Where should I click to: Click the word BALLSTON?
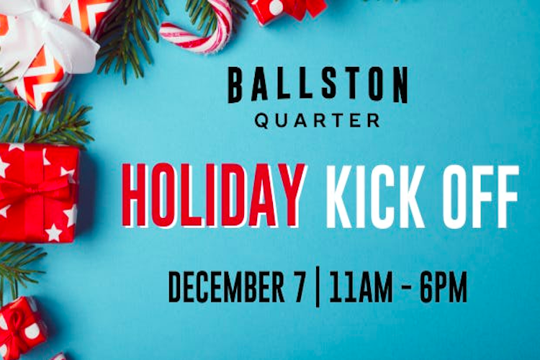click(x=318, y=85)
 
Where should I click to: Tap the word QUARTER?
click(x=318, y=120)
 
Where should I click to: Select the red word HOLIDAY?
click(x=213, y=195)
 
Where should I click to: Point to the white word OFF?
click(x=480, y=197)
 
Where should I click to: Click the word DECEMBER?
click(x=226, y=287)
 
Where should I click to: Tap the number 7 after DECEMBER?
click(x=299, y=287)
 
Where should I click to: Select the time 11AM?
click(x=361, y=287)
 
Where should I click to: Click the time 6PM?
click(x=443, y=287)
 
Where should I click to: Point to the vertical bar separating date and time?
click(x=318, y=289)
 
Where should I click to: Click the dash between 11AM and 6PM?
click(x=405, y=288)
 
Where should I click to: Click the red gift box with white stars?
click(x=39, y=193)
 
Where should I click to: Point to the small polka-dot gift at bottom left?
click(x=22, y=325)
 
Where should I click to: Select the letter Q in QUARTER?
click(x=262, y=121)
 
